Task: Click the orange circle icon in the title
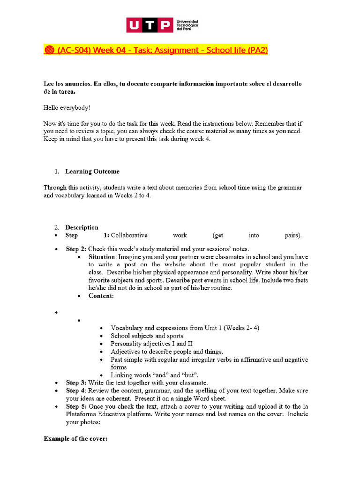(x=49, y=50)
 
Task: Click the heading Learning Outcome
(x=92, y=171)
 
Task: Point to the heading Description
(x=82, y=227)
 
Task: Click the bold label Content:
(x=101, y=296)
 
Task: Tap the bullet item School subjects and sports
(x=147, y=336)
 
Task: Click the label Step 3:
(x=76, y=383)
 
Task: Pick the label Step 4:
(x=76, y=390)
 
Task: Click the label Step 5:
(x=76, y=406)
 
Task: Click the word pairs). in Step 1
(x=293, y=235)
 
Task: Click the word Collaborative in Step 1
(x=129, y=235)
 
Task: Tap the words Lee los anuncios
(x=67, y=83)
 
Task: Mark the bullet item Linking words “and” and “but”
(x=154, y=375)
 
